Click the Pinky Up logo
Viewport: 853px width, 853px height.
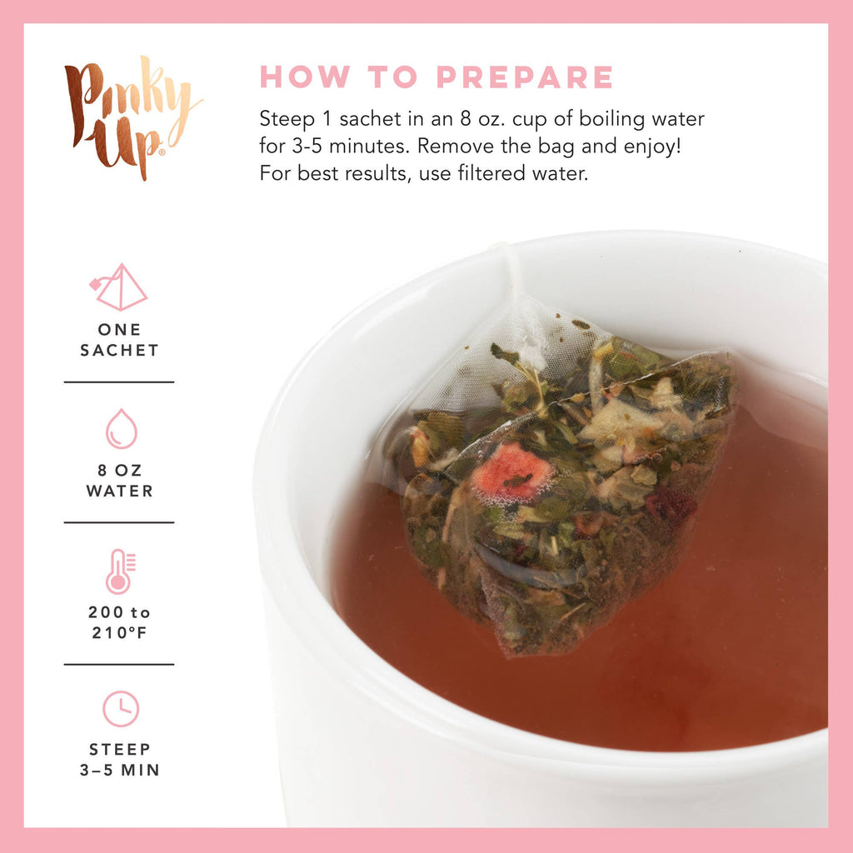(x=132, y=117)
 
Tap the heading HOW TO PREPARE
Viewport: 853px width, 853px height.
(x=436, y=77)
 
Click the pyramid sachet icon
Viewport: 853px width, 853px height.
(x=119, y=287)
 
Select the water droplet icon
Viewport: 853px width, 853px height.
(x=121, y=428)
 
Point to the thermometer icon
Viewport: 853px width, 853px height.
(x=119, y=571)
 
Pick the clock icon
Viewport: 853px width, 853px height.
(x=121, y=709)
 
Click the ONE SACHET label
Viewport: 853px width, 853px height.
(x=119, y=340)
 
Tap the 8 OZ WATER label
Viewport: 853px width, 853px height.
(x=119, y=481)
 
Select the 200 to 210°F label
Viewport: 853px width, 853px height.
(x=119, y=622)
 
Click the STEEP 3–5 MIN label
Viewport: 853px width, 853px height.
(x=119, y=760)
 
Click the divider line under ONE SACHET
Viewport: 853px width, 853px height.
(x=119, y=382)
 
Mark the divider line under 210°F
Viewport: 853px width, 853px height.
(x=119, y=664)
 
